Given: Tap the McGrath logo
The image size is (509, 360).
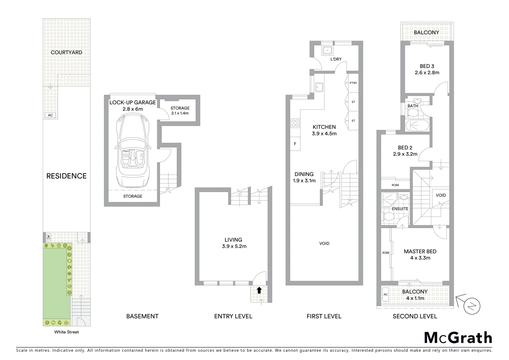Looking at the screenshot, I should point(458,338).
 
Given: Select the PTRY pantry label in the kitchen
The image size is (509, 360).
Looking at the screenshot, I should point(353,83).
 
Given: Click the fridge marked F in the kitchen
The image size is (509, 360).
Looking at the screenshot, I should point(295,144).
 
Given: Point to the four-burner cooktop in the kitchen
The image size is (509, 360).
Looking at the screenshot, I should point(295,123).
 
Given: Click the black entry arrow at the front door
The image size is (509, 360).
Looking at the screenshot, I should point(259,290).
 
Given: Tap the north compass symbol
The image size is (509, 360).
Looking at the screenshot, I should point(471,305).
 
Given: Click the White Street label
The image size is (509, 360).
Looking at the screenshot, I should point(67,332).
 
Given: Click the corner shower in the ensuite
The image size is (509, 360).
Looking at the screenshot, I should point(388,200).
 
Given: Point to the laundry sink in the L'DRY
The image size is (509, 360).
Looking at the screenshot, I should point(327,50).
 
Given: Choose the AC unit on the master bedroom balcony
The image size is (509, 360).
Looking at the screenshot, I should point(385,295).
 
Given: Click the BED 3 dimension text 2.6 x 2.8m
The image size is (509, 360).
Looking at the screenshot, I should point(427,73).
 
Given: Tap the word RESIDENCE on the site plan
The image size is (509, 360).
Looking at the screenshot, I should point(66,176).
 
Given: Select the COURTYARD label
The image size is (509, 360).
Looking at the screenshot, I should point(66,52).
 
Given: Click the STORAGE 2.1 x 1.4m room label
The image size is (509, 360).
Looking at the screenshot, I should point(180,110).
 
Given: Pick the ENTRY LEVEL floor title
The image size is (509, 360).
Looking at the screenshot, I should point(233,316).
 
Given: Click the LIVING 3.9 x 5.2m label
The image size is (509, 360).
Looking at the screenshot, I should point(233,243).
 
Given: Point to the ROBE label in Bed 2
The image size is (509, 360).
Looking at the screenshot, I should point(395,185).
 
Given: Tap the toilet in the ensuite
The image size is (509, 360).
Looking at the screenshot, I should point(388,217).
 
